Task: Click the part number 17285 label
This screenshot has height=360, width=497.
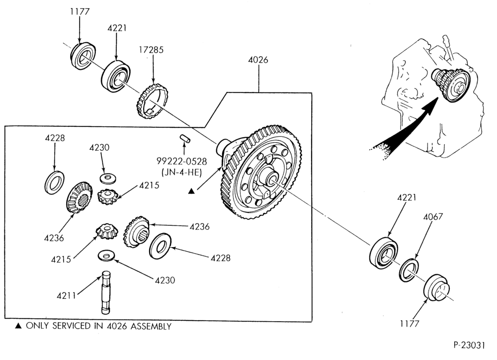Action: click(151, 50)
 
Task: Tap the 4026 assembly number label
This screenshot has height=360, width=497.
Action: click(258, 60)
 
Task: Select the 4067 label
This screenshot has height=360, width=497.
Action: click(433, 217)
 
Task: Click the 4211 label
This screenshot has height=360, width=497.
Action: click(67, 296)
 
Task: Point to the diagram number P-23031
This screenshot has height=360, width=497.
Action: click(469, 345)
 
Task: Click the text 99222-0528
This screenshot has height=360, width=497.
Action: click(181, 162)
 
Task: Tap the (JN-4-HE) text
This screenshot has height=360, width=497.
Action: click(181, 173)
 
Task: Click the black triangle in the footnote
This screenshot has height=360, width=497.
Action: click(19, 326)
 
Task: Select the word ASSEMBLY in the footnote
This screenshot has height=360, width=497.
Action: click(151, 326)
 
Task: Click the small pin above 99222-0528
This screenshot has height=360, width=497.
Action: click(184, 138)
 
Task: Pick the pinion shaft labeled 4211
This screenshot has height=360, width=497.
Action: click(106, 292)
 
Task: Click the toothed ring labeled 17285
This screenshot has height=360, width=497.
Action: click(152, 101)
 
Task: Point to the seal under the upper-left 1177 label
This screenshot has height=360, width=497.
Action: click(83, 55)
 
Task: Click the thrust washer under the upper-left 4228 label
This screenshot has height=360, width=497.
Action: click(54, 182)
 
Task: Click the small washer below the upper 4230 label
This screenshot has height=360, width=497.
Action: click(108, 178)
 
